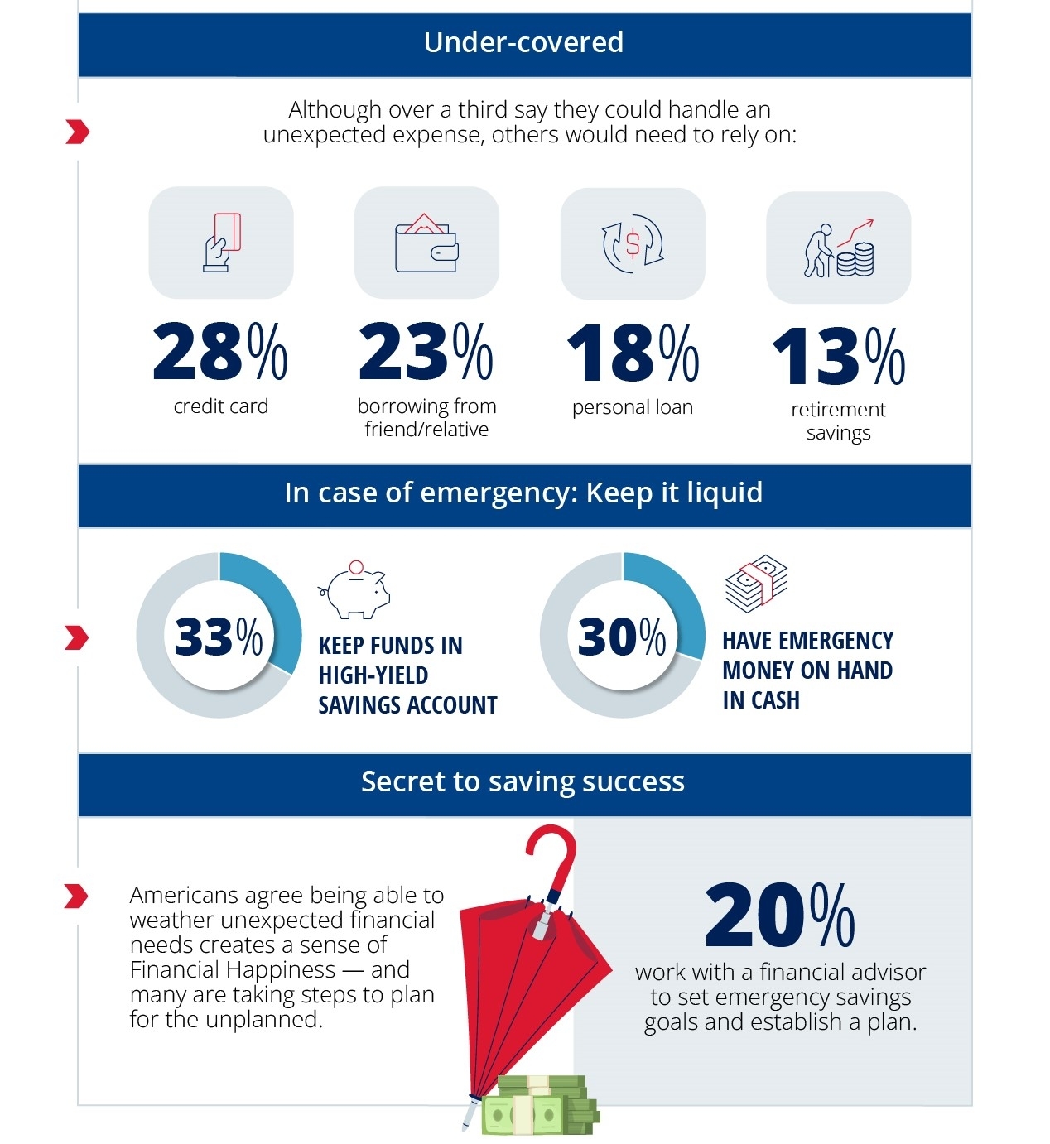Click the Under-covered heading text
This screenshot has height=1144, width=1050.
click(x=523, y=42)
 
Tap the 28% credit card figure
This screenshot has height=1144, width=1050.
click(x=219, y=353)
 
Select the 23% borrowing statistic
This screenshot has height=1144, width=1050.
click(x=426, y=353)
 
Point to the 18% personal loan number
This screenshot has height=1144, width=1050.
click(x=633, y=353)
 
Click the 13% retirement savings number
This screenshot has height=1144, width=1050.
click(x=838, y=357)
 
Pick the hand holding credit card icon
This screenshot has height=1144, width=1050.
click(x=222, y=243)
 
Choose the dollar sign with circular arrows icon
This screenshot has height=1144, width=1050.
click(x=633, y=243)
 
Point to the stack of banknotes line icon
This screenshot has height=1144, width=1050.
click(x=756, y=583)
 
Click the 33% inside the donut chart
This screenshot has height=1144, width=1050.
click(x=219, y=637)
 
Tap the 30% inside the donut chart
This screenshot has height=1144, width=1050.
click(x=622, y=637)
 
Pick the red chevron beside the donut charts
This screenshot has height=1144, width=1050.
click(x=76, y=637)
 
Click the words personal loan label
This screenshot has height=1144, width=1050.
click(x=633, y=407)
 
